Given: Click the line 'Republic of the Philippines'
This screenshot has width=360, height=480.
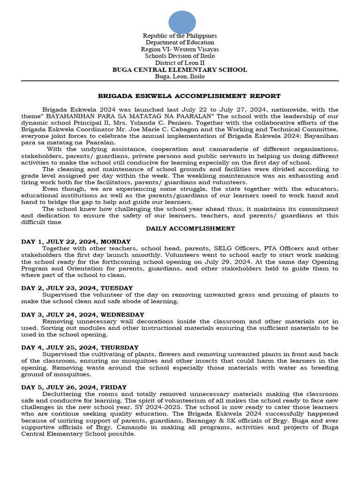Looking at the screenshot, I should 180,36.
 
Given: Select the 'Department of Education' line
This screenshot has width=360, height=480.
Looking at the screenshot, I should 180,43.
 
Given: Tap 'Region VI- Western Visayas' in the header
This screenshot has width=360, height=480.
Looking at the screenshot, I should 180,49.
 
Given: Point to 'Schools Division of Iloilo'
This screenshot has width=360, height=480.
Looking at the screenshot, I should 180,56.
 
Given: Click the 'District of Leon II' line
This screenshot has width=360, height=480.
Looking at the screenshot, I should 180,63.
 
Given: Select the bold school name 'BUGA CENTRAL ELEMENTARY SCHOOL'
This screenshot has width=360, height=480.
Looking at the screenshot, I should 180,70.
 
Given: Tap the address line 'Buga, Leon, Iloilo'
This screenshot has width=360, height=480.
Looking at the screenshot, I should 180,76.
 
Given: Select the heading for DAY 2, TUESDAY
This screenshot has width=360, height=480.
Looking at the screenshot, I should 77,288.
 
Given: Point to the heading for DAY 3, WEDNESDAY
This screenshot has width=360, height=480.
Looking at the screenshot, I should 82,314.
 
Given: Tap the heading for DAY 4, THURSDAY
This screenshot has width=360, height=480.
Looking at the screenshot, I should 80,347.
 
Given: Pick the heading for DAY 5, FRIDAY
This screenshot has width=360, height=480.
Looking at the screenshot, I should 74,387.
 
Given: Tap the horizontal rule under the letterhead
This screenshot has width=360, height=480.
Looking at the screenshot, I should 180,81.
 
